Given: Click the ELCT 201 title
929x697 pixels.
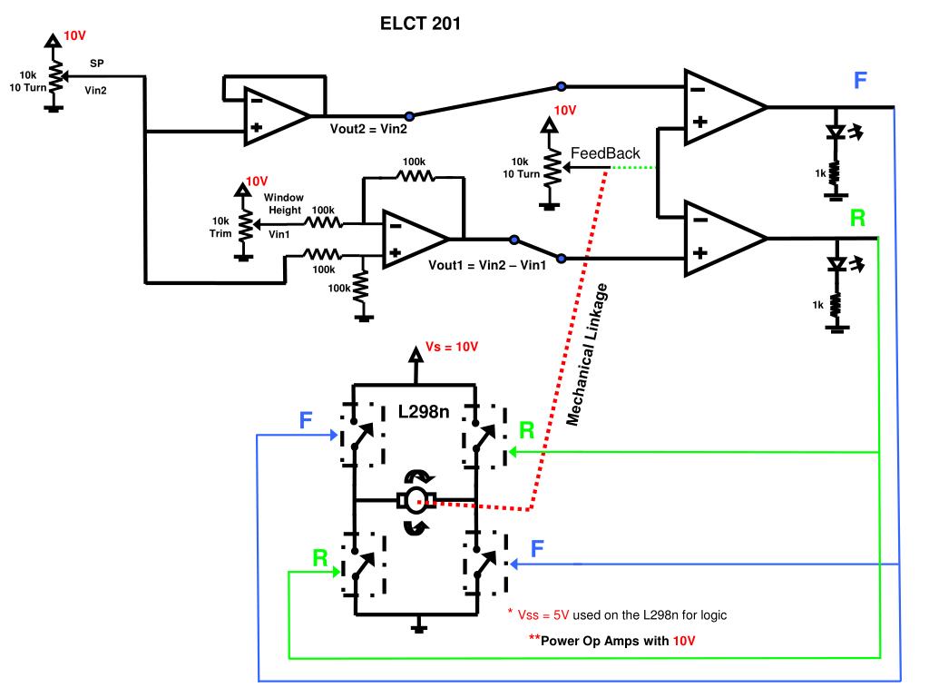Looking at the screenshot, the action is click(x=420, y=24).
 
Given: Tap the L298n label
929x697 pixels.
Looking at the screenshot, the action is click(x=423, y=411).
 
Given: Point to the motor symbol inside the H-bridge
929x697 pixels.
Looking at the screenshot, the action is click(x=416, y=501).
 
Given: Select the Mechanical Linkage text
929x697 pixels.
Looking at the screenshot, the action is click(x=587, y=355).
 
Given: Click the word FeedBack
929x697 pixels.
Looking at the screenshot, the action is click(x=605, y=153).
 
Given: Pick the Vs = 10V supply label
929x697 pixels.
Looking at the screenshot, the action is click(x=452, y=347).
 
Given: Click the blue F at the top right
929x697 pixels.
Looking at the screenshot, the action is click(x=860, y=80).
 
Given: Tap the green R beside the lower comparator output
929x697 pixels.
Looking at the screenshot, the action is click(x=857, y=218).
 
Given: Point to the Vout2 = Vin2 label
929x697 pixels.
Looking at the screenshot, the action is click(x=368, y=129).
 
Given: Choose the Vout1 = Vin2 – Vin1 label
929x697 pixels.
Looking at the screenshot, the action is click(x=487, y=265).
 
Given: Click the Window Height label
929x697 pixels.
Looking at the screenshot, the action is click(x=284, y=203).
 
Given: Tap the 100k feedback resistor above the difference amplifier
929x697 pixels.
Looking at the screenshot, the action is click(x=416, y=176).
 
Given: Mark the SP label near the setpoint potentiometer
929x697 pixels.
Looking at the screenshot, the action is click(x=96, y=64).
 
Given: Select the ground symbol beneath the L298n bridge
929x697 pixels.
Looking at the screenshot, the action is click(x=419, y=625).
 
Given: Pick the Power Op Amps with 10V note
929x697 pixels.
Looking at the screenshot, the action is click(x=612, y=641).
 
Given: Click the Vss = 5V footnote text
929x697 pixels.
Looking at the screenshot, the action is click(x=617, y=615).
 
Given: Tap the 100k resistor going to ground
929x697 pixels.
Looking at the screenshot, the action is click(x=360, y=288).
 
